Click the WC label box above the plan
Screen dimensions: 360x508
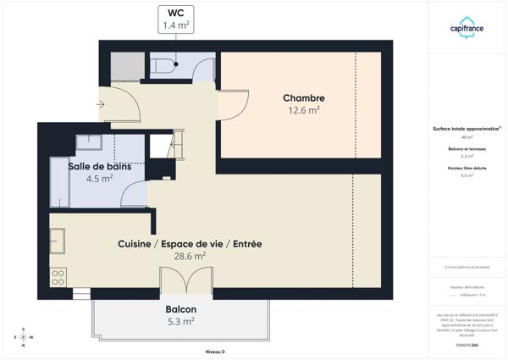click(x=177, y=19)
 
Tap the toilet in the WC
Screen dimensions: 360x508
click(x=163, y=64)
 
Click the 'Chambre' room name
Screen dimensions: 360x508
click(x=303, y=98)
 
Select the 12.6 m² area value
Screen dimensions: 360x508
click(x=303, y=110)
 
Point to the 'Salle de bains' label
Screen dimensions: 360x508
click(x=100, y=166)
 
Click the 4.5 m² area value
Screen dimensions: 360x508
click(x=99, y=179)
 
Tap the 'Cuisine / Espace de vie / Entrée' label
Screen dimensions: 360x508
click(x=189, y=244)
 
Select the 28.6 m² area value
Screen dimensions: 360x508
click(x=189, y=256)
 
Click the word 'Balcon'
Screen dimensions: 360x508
click(x=180, y=310)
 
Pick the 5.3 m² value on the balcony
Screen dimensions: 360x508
click(x=180, y=322)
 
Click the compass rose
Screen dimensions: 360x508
click(x=24, y=337)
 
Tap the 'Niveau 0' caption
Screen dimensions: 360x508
click(x=215, y=351)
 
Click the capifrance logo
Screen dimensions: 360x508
click(x=467, y=28)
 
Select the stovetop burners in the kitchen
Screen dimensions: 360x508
click(x=58, y=277)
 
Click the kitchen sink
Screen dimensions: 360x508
click(x=58, y=242)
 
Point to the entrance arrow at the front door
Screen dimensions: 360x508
click(x=101, y=104)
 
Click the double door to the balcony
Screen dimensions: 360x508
click(x=186, y=280)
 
